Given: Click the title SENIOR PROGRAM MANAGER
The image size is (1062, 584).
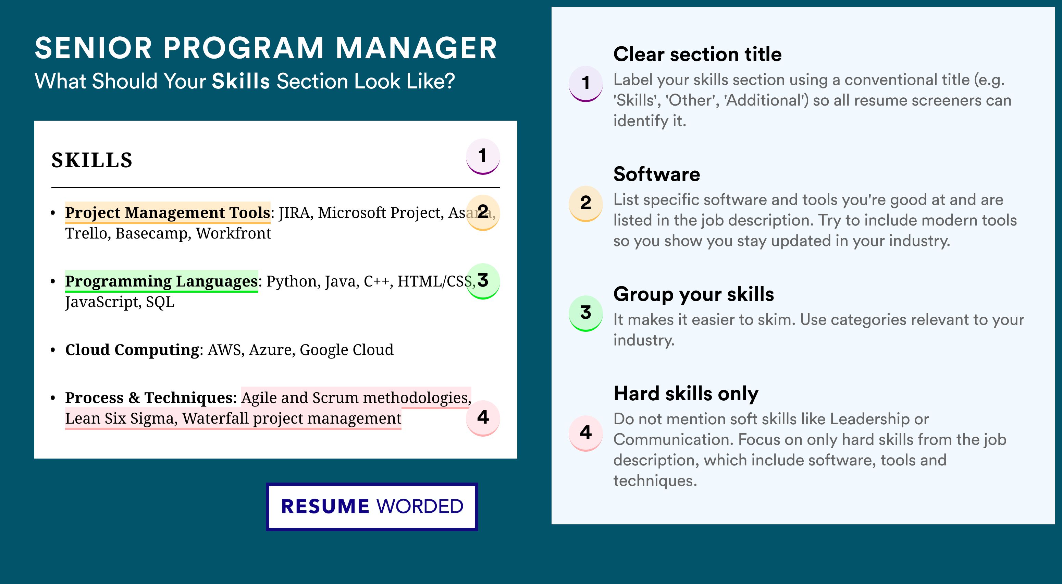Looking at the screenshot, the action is tap(266, 48).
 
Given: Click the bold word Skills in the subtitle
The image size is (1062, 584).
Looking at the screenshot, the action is tap(241, 81).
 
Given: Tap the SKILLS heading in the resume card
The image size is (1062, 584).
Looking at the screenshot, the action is tap(92, 160).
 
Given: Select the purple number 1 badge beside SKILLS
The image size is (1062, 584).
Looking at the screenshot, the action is tap(483, 157).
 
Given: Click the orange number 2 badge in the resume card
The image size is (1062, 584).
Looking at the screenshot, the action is tap(483, 212).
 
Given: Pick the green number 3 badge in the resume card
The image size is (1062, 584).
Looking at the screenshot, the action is tap(483, 281).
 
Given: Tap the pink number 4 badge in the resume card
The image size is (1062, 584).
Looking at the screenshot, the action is tap(483, 418).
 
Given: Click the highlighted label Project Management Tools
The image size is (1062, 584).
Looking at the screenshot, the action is tap(168, 212).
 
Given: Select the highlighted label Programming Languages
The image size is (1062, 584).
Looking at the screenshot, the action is tap(162, 281).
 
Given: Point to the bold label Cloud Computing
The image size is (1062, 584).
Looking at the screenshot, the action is tap(132, 350).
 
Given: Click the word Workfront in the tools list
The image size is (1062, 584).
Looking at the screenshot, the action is tap(233, 233).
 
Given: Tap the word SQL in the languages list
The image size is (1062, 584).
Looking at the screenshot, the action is tap(160, 302).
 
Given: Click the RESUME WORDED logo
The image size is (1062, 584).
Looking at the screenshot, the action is tap(372, 507).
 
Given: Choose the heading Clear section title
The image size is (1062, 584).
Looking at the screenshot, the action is tap(697, 54).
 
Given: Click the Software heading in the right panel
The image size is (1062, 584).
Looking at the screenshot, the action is tap(657, 174).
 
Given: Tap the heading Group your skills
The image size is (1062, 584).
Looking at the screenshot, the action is tap(694, 294).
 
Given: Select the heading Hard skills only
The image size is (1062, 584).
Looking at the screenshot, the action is tap(686, 393).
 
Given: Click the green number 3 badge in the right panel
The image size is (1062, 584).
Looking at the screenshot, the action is tap(586, 313).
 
